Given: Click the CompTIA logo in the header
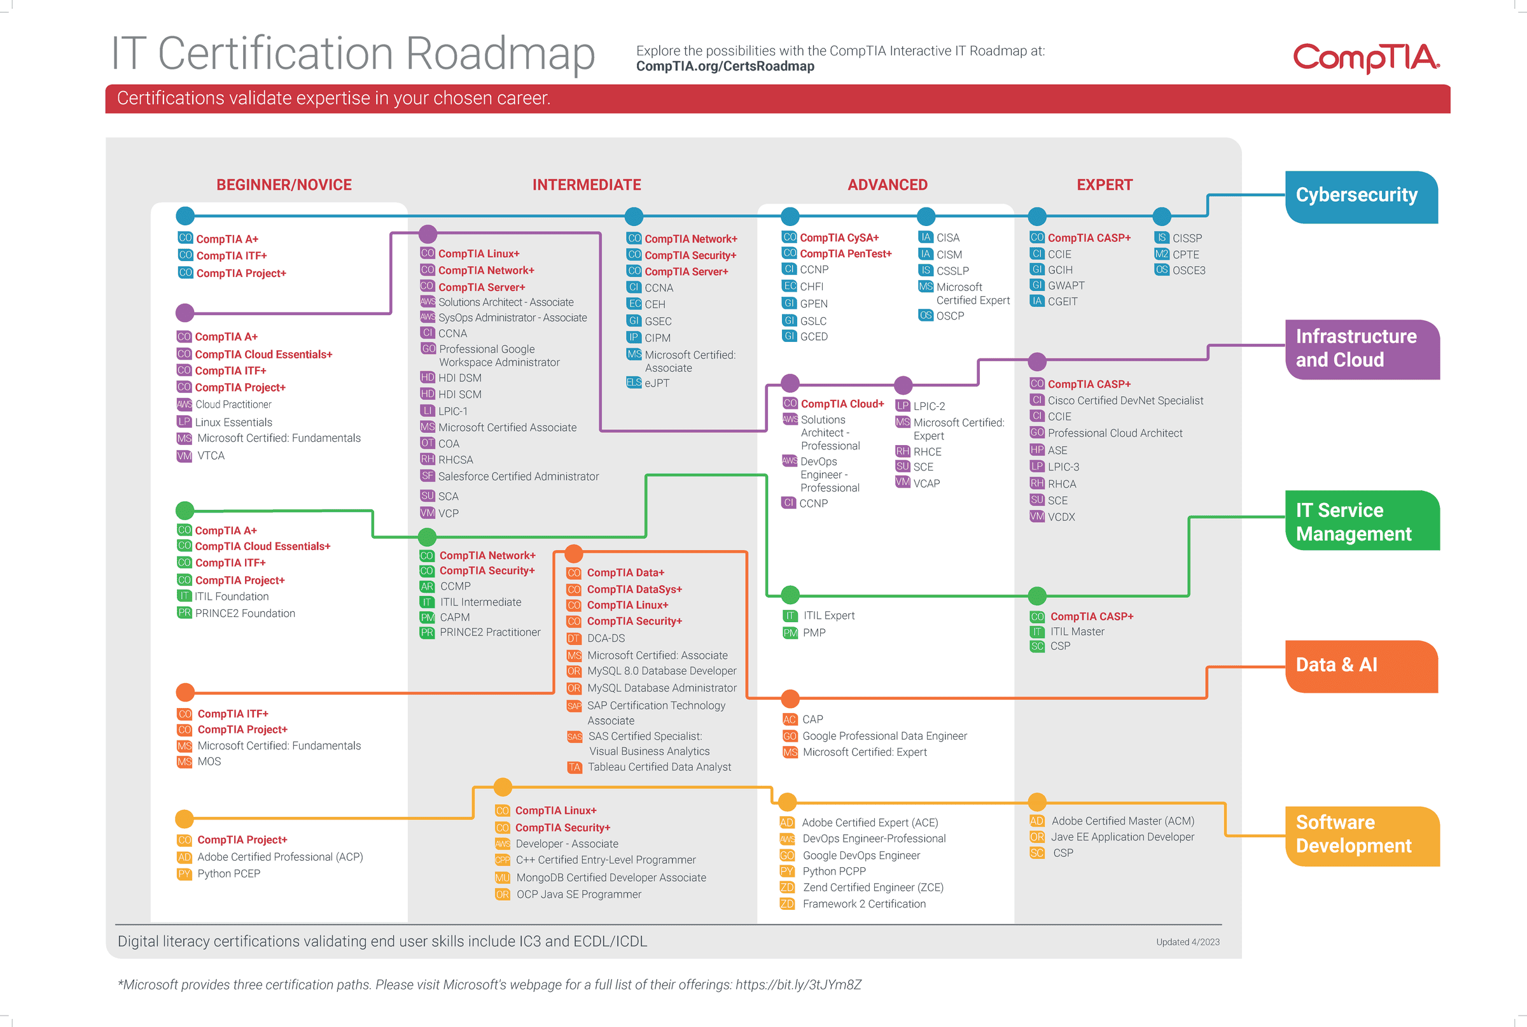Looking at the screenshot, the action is [1366, 58].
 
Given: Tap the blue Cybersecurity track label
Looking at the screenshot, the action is [1361, 197].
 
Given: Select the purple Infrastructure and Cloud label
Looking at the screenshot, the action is [1362, 349].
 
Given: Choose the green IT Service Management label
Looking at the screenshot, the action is [1362, 521].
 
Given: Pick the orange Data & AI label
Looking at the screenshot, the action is [1361, 666].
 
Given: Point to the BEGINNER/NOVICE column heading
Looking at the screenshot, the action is [284, 185].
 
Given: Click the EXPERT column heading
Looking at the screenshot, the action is [1104, 185].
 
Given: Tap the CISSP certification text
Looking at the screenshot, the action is [1187, 237].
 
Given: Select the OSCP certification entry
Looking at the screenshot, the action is [950, 316].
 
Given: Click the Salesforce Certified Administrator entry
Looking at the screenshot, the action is [519, 476].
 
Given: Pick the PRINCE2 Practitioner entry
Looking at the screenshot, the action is [489, 632].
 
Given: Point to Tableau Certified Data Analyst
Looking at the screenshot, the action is [659, 767].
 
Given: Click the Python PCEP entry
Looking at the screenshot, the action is [228, 874].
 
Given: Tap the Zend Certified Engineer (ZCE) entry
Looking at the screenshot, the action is [873, 888].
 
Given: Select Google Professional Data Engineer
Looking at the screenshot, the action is [884, 736].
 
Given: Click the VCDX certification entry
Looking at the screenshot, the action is [1061, 517].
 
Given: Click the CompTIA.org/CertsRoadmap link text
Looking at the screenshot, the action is [725, 66].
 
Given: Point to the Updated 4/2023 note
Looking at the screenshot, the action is [1187, 942].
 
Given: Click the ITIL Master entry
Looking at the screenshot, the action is [1077, 632].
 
